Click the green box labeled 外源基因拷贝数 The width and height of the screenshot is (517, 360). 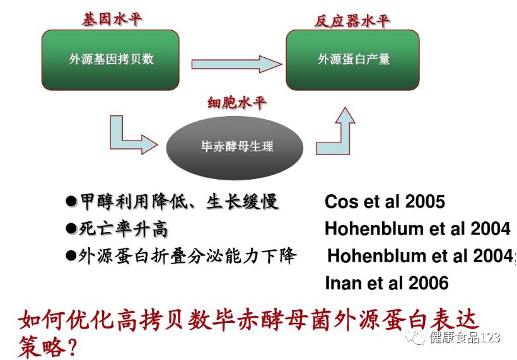coord(112,59)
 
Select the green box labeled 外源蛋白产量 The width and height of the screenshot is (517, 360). coord(354,59)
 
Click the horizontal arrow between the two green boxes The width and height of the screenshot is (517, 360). coord(235,64)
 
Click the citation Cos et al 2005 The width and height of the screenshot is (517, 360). coord(385,202)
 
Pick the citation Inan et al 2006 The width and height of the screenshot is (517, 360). coord(386,283)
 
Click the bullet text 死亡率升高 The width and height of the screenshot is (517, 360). coord(124,229)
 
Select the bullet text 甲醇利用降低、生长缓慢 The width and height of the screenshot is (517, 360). coord(178,202)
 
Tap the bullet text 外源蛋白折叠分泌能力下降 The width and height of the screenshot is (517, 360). coord(187,257)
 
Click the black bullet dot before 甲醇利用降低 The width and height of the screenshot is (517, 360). coord(71,202)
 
